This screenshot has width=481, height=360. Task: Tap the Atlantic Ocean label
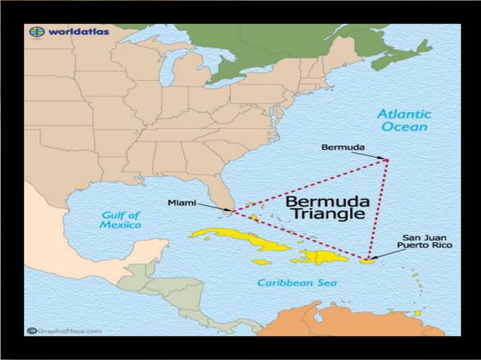coord(404,121)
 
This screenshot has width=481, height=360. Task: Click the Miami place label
coord(182,203)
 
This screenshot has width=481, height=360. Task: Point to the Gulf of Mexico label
coord(121,219)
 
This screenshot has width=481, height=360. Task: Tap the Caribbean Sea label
coord(297,282)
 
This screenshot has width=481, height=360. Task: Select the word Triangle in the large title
coord(327,214)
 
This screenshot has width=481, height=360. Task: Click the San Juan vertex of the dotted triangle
coord(369,261)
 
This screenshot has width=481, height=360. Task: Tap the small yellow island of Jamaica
coord(262,262)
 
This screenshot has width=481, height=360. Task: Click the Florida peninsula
coord(220,192)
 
